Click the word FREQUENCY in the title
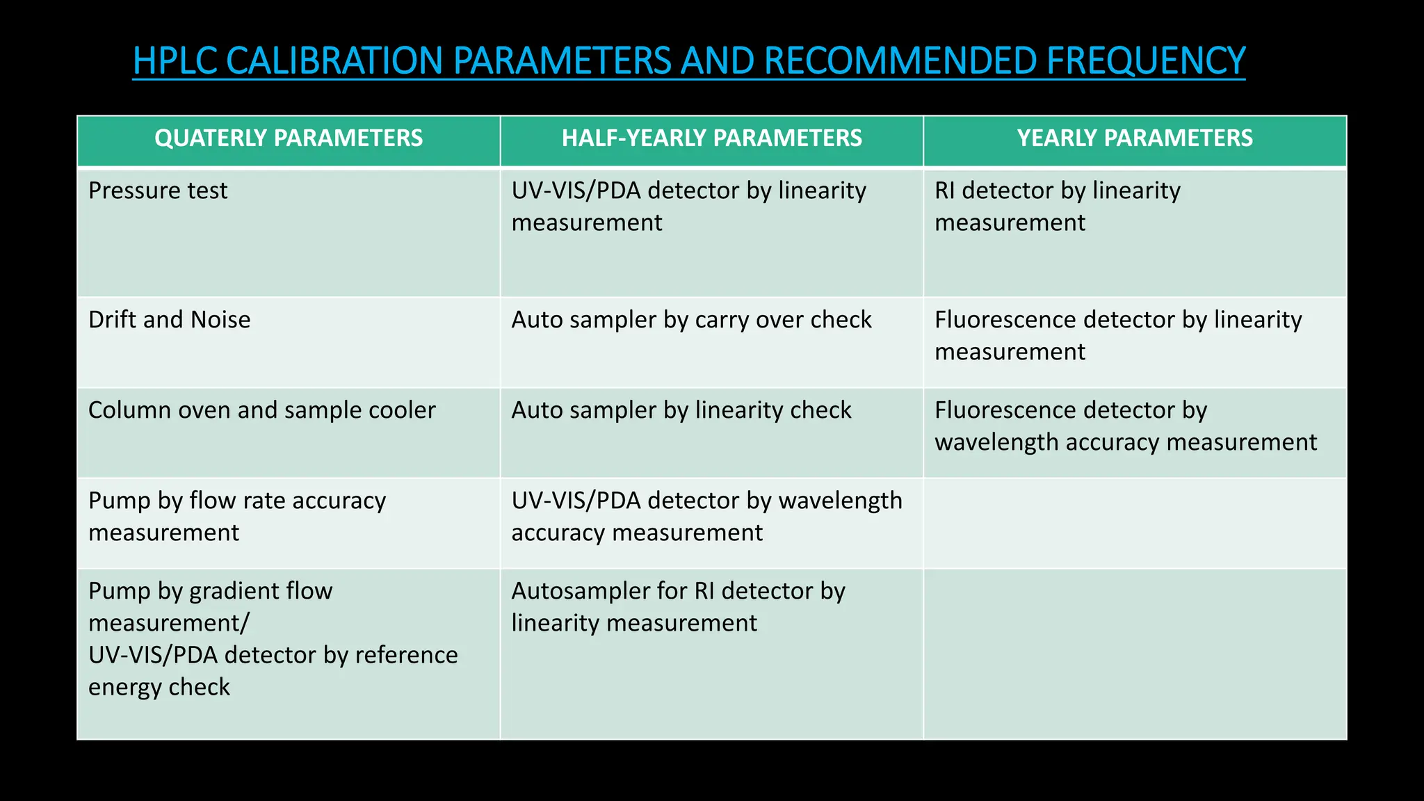[1145, 60]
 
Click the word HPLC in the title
[175, 60]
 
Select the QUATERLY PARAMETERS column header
[289, 138]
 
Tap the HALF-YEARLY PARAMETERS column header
[711, 138]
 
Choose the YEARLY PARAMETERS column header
[1135, 138]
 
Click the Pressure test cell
[158, 191]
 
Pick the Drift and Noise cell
[169, 320]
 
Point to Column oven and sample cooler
[261, 410]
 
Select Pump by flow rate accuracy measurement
[236, 516]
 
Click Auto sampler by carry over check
[691, 320]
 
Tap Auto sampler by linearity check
[681, 410]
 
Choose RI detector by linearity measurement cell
[1057, 207]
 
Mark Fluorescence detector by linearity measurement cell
[1117, 335]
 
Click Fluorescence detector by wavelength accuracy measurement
[1125, 426]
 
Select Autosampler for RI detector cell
[678, 606]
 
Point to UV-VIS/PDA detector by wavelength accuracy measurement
[706, 516]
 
